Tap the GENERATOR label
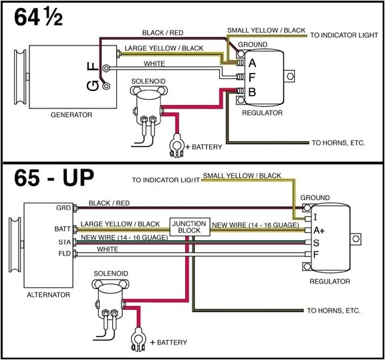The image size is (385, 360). [x=71, y=115]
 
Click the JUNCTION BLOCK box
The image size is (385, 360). [x=190, y=226]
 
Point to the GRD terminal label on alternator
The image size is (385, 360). [x=63, y=208]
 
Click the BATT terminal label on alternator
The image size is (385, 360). [x=62, y=228]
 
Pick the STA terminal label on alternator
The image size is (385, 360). [x=64, y=241]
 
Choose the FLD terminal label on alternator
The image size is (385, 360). [x=64, y=254]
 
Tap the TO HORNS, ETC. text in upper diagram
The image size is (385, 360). [x=338, y=143]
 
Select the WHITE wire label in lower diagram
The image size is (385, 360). [x=107, y=250]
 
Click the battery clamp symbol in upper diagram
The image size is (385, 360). [x=177, y=144]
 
